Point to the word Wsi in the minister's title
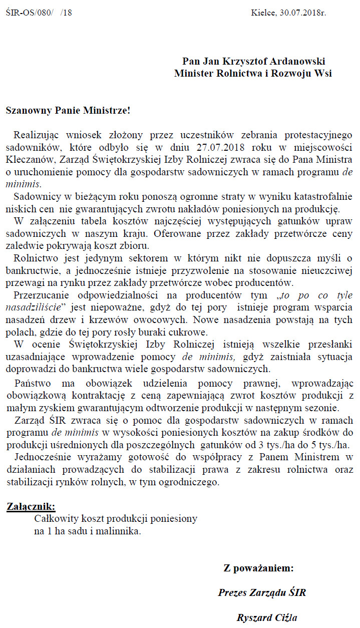(321, 73)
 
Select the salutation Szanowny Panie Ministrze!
(68, 110)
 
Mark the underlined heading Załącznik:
(31, 506)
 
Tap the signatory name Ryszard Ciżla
(270, 617)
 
